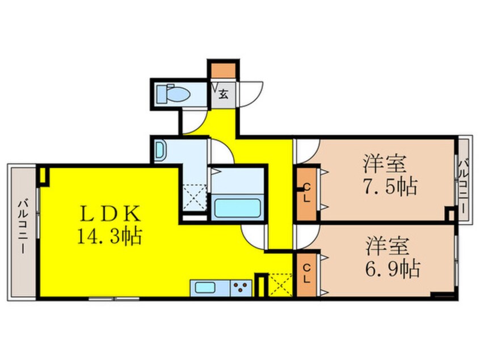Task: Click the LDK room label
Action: coord(110,214)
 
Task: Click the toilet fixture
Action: coord(170,93)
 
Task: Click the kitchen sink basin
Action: coord(206,287)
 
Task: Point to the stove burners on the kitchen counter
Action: coord(241,287)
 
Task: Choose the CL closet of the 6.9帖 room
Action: coord(307,275)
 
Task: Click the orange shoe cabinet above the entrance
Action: coord(222,72)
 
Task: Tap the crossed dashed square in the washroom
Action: coord(195,196)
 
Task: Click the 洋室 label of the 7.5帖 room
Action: coord(385,165)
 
